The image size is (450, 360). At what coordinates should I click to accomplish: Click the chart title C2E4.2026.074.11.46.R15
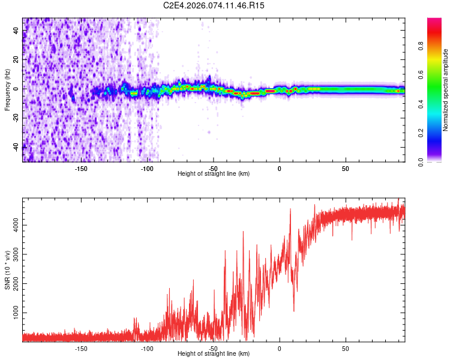click(x=214, y=5)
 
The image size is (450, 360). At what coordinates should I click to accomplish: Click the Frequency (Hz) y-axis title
click(x=7, y=89)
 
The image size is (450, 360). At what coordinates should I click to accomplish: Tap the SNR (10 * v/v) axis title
click(x=7, y=269)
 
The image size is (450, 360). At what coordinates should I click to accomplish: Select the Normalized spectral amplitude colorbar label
click(x=445, y=90)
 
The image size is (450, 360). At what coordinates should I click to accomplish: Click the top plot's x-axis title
click(x=214, y=173)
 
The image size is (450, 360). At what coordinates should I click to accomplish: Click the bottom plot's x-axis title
click(x=214, y=353)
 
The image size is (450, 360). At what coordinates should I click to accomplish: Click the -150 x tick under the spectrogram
click(x=81, y=168)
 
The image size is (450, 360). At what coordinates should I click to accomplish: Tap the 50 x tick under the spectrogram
click(x=346, y=168)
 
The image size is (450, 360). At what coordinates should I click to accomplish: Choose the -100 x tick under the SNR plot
click(x=147, y=348)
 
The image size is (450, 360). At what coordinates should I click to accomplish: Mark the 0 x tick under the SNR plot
click(x=280, y=348)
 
